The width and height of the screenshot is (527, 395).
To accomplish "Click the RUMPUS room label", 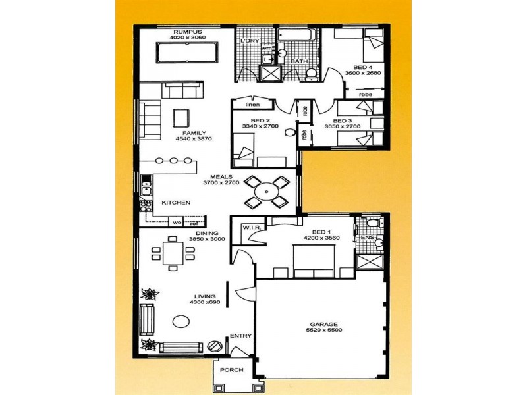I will (186, 31).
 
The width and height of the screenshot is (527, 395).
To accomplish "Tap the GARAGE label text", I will (324, 325).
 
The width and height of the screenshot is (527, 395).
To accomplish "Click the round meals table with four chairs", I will (266, 192).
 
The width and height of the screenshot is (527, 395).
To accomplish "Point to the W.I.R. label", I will (252, 228).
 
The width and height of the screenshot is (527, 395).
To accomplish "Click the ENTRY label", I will (240, 336).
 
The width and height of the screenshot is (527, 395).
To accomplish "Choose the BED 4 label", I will (362, 67).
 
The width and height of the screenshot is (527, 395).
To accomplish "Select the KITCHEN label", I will (176, 203).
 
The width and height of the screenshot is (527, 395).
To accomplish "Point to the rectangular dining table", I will (173, 253).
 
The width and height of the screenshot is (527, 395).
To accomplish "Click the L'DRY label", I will (250, 41).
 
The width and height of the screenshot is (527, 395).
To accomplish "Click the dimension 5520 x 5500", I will (324, 330).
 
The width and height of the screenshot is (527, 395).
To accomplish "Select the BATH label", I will (300, 61).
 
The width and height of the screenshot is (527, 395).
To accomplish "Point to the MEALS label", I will (220, 177).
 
